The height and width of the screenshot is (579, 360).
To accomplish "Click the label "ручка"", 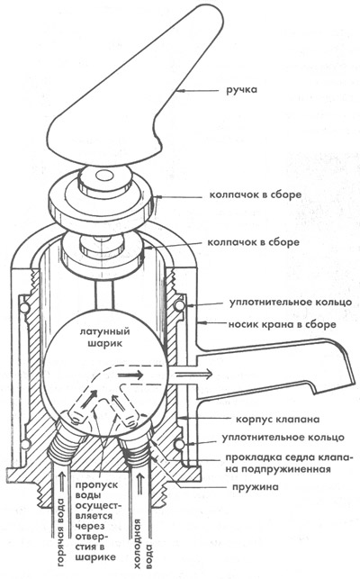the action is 242,90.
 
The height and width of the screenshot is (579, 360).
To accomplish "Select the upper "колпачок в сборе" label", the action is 256,195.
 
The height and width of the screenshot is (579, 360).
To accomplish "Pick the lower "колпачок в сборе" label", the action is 253,242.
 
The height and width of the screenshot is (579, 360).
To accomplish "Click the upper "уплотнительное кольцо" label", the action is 291,303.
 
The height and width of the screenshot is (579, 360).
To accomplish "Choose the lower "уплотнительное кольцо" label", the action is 283,438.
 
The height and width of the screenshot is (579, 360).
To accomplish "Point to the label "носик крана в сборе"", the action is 282,324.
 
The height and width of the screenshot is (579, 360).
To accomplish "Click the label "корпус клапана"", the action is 278,420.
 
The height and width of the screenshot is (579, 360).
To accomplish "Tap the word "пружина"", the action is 256,487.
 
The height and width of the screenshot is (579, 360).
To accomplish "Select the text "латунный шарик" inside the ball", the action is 105,337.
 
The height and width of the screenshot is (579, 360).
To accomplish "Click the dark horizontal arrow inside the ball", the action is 130,375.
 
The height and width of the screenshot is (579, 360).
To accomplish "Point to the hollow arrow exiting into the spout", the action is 193,374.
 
